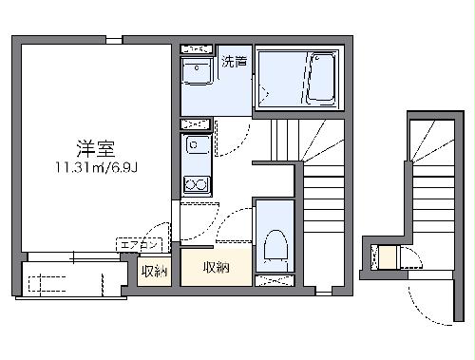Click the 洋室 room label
point(96,149)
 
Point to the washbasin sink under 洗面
point(198,71)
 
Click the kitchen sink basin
point(197,144)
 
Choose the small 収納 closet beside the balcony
point(153,272)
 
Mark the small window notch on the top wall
point(114,40)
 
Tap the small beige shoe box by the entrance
point(385,257)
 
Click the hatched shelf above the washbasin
point(197,47)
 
